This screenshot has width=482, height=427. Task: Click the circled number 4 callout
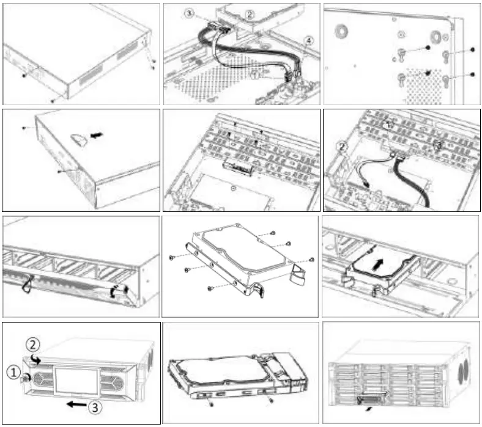[x=308, y=40]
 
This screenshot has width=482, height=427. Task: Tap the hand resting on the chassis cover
[x=78, y=139]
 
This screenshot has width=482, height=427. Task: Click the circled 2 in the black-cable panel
[x=343, y=147]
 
